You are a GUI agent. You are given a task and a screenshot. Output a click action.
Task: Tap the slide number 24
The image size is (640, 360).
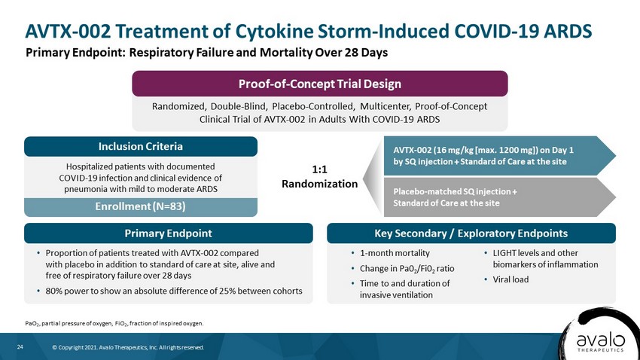(20, 347)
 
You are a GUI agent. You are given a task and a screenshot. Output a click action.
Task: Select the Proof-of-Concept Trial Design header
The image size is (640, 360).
(320, 84)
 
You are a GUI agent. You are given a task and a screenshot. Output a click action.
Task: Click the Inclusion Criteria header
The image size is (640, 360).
(141, 147)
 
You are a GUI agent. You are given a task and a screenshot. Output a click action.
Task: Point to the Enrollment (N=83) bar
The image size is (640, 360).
(141, 207)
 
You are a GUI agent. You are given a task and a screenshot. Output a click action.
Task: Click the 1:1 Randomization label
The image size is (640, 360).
(319, 177)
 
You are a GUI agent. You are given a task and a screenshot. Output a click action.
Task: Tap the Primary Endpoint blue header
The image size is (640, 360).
(169, 233)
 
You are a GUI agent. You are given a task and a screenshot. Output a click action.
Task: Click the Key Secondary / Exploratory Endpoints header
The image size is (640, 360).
(471, 233)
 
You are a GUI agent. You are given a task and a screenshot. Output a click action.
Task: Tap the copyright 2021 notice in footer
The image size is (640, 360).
(128, 348)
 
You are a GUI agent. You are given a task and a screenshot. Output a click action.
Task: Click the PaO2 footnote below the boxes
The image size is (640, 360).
(114, 324)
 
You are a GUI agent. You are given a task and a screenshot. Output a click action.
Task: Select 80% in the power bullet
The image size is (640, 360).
(54, 291)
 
